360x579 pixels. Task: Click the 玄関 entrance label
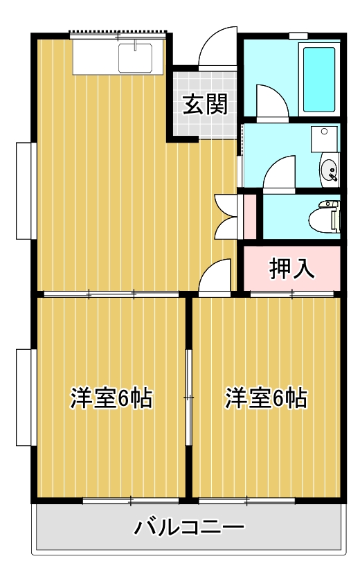click(206, 105)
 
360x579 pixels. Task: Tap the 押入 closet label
click(291, 269)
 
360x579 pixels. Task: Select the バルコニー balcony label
click(189, 527)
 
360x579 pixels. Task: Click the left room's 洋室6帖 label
click(111, 398)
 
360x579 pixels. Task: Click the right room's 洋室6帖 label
click(267, 398)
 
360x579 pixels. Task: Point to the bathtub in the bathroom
click(319, 80)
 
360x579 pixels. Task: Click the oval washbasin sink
click(330, 171)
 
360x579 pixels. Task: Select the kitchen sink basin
click(135, 58)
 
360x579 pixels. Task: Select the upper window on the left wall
click(26, 190)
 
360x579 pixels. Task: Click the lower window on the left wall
click(26, 398)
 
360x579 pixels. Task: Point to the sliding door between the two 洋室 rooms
click(189, 398)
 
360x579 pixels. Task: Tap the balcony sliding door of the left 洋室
click(131, 501)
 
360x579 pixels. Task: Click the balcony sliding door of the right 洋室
click(247, 501)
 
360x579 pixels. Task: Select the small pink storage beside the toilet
click(250, 216)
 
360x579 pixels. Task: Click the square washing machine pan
click(324, 139)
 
